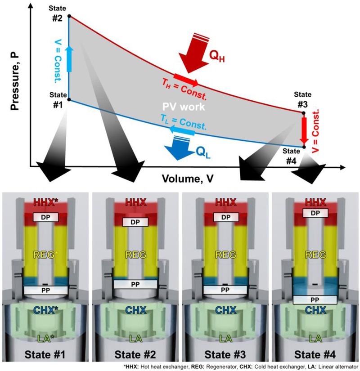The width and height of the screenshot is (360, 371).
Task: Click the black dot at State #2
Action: pyautogui.click(x=69, y=16)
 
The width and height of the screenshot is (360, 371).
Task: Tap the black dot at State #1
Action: pyautogui.click(x=69, y=100)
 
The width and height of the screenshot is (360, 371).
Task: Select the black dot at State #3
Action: pyautogui.click(x=303, y=113)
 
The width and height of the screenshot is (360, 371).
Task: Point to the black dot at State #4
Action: pyautogui.click(x=304, y=147)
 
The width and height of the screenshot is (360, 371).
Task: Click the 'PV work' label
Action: pyautogui.click(x=184, y=107)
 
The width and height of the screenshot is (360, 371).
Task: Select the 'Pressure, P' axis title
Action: pyautogui.click(x=15, y=81)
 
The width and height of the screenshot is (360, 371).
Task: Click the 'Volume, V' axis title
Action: pyautogui.click(x=188, y=179)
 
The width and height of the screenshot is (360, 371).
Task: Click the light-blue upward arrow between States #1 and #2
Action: pyautogui.click(x=69, y=58)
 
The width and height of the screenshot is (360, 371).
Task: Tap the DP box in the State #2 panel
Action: pyautogui.click(x=135, y=222)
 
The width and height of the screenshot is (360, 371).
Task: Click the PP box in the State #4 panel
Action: pyautogui.click(x=315, y=300)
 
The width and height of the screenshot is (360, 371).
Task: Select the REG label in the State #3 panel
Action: pyautogui.click(x=225, y=255)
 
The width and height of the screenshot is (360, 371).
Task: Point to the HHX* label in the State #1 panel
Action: pyautogui.click(x=46, y=202)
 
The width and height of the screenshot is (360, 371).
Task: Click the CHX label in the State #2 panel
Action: pyautogui.click(x=135, y=310)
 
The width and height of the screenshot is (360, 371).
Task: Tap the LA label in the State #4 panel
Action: pyautogui.click(x=315, y=339)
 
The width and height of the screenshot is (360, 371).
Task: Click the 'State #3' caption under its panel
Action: pyautogui.click(x=225, y=355)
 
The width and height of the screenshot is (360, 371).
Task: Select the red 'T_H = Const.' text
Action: pyautogui.click(x=184, y=89)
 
